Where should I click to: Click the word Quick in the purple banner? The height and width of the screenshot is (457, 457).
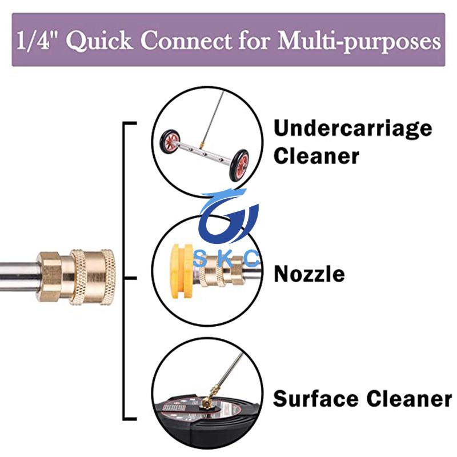(99, 40)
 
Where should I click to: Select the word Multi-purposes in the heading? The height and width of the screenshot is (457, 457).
(359, 41)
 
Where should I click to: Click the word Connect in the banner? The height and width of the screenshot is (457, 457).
(186, 39)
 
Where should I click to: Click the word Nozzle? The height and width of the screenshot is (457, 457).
(309, 274)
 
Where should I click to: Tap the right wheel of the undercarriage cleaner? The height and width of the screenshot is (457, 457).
(239, 165)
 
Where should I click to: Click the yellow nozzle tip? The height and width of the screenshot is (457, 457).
(181, 271)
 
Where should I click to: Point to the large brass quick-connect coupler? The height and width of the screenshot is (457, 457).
(76, 277)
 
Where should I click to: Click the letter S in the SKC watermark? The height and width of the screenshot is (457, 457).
(199, 259)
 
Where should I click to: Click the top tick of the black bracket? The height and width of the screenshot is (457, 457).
(130, 123)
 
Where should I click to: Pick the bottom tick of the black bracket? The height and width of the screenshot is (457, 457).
(130, 419)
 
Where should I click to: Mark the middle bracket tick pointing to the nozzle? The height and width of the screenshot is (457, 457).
(130, 278)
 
